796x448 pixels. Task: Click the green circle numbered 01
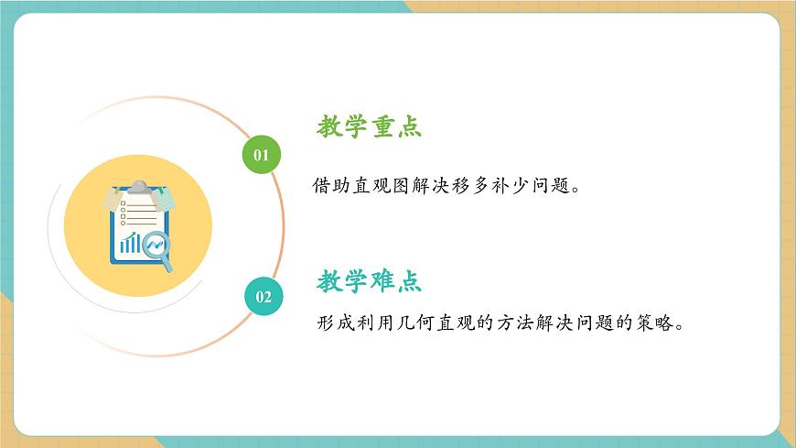pyautogui.click(x=262, y=154)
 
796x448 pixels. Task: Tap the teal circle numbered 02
pyautogui.click(x=264, y=296)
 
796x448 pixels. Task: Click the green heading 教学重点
pyautogui.click(x=369, y=127)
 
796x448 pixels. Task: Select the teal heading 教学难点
pyautogui.click(x=369, y=280)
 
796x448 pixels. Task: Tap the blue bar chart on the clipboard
pyautogui.click(x=131, y=243)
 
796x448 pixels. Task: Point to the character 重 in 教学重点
pyautogui.click(x=382, y=127)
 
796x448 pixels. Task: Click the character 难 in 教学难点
pyautogui.click(x=382, y=280)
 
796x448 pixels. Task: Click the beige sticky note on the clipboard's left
pyautogui.click(x=113, y=199)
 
